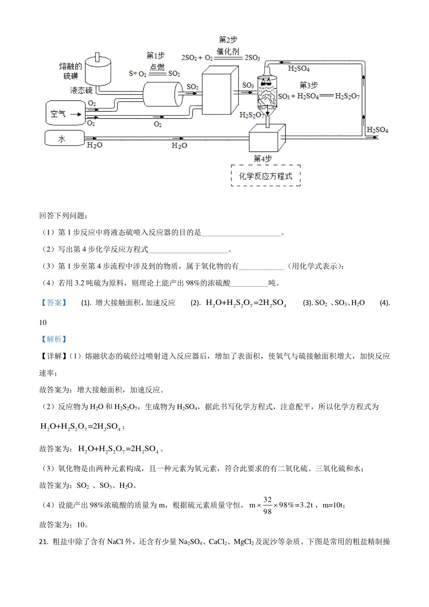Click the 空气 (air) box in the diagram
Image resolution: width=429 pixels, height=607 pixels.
(65, 113)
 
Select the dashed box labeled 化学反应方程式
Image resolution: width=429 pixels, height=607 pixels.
(266, 176)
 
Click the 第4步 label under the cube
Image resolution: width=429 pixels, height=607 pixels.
(263, 159)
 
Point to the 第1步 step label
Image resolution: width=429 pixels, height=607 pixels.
(156, 55)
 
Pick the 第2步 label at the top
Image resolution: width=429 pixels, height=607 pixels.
(228, 40)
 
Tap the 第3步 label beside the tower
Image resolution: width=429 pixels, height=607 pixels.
(309, 85)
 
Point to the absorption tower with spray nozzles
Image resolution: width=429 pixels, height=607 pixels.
(267, 91)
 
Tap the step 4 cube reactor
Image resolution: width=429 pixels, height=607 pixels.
(266, 138)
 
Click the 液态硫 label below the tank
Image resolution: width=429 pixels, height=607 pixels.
(82, 91)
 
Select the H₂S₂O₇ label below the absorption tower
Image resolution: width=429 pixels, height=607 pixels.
(251, 115)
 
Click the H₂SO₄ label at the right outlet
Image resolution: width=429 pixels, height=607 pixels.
(378, 130)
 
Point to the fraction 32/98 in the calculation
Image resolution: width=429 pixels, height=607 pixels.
(267, 505)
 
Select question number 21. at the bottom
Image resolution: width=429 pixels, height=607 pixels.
(44, 542)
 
